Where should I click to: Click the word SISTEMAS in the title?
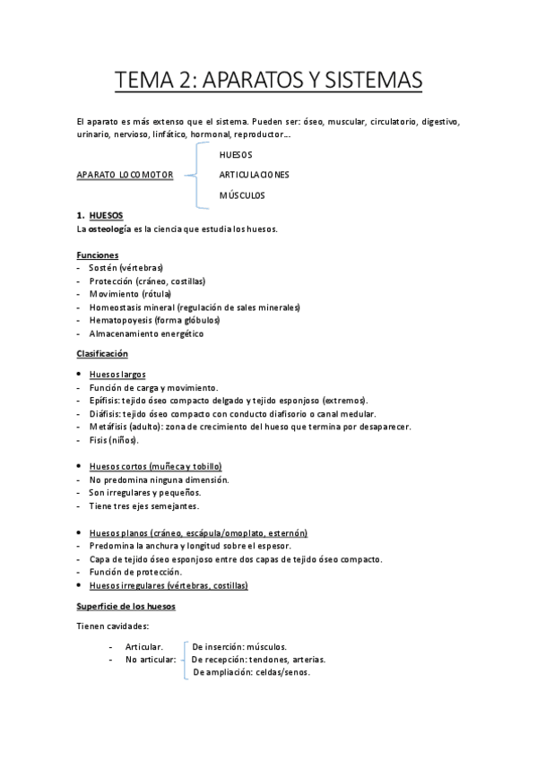369,81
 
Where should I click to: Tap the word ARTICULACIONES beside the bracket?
254,175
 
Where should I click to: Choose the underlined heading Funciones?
98,255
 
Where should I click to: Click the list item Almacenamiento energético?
146,333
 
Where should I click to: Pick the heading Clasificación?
102,354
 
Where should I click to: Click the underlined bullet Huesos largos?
117,374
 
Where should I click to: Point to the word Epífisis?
103,401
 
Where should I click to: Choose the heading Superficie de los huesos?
126,606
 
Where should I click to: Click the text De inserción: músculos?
239,645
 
